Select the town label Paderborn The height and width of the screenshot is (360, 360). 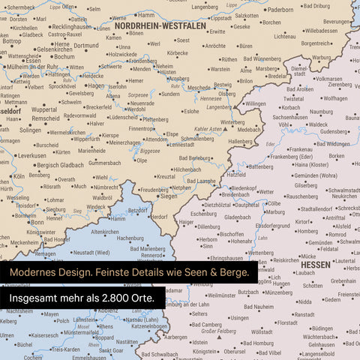[280, 10]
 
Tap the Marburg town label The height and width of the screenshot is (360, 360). [275, 211]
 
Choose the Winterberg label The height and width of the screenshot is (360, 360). [232, 121]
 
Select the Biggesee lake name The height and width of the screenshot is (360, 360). [150, 150]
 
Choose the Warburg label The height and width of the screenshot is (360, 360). [321, 57]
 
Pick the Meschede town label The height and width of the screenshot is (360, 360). [198, 87]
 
